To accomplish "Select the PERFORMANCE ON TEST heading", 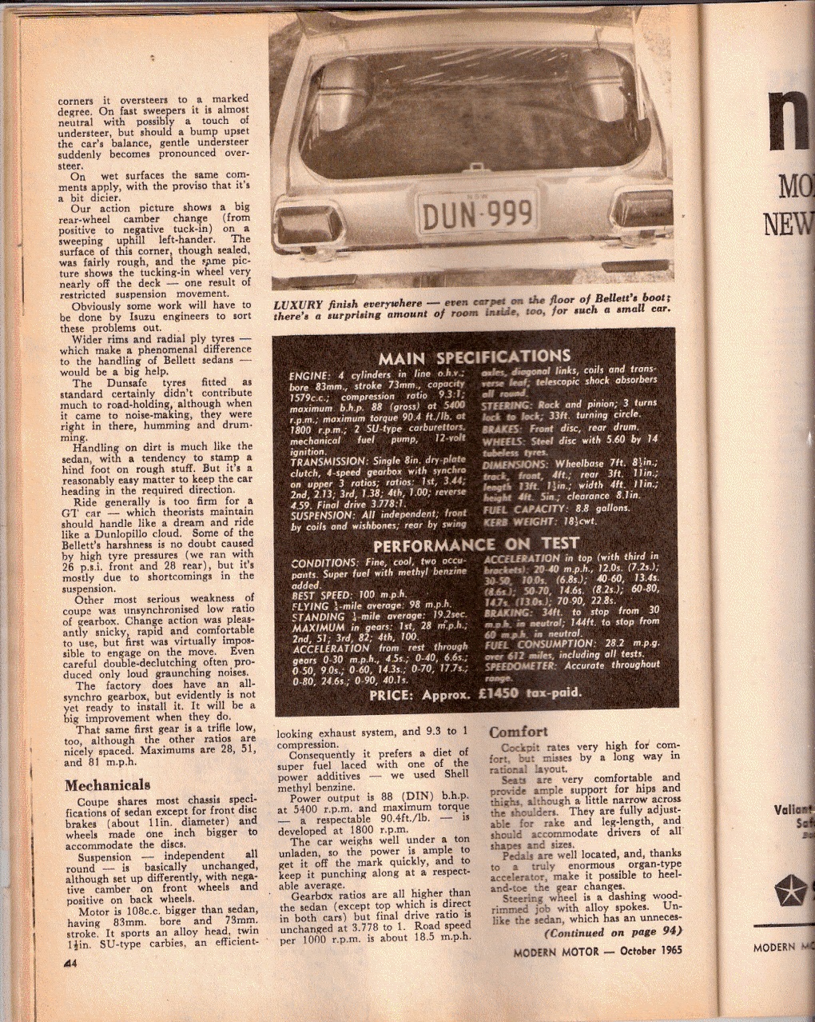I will tap(476, 545).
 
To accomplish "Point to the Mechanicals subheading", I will tap(107, 784).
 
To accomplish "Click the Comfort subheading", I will tap(518, 732).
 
